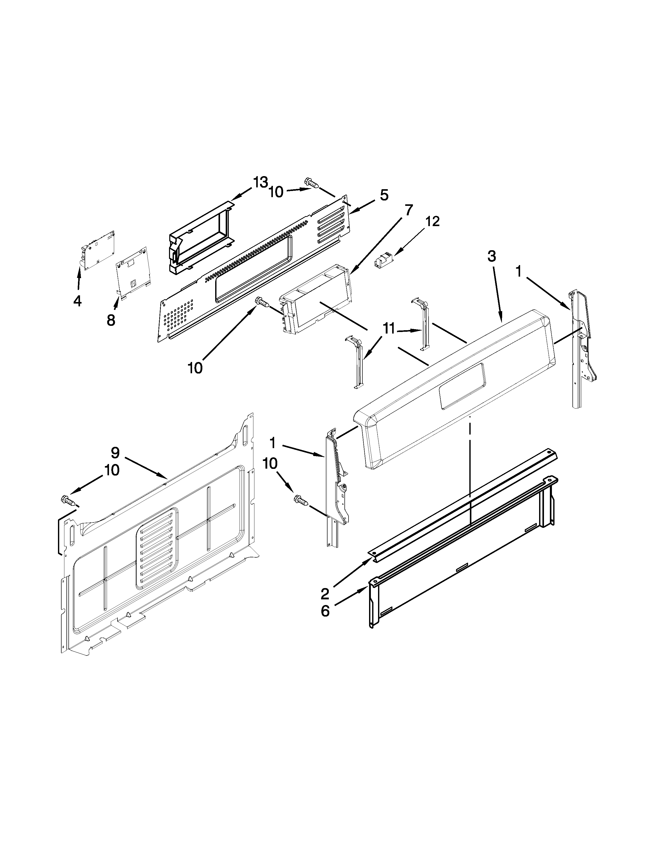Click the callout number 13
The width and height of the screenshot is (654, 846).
tap(260, 182)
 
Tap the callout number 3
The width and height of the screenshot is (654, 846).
tap(491, 256)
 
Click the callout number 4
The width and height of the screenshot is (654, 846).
tap(77, 301)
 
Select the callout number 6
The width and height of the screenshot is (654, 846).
tap(325, 611)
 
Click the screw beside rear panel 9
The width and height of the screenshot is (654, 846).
tap(68, 500)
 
